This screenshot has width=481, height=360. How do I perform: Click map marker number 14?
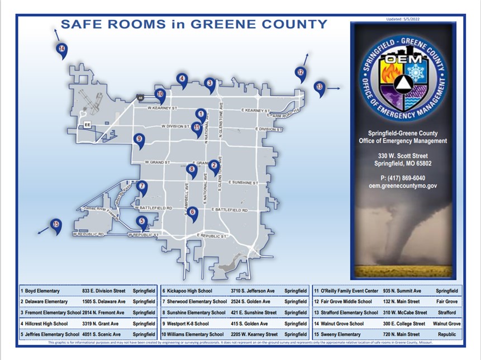click(x=62, y=50)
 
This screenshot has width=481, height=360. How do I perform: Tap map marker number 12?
click(x=300, y=73)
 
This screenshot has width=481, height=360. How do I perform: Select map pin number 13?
click(x=319, y=87)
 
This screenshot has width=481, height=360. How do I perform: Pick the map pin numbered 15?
click(x=56, y=225)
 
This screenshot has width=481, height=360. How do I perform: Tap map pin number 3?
click(x=209, y=84)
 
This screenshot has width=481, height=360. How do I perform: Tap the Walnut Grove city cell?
click(x=446, y=323)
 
